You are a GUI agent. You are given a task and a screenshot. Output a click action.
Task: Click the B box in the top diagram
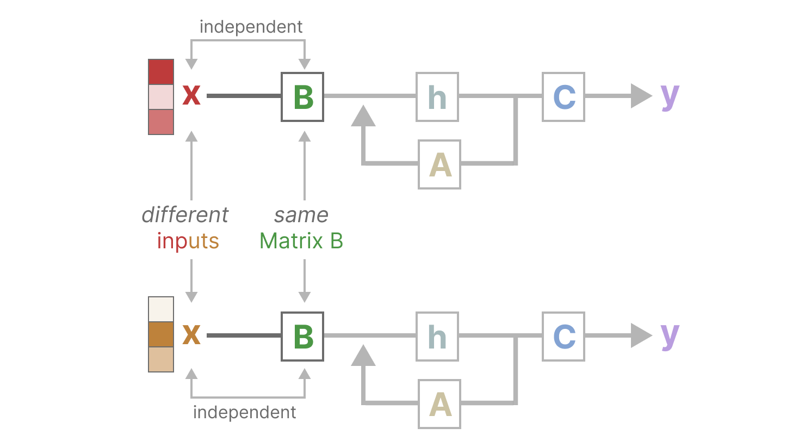coord(302,97)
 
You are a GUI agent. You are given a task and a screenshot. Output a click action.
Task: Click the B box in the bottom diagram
coord(302,337)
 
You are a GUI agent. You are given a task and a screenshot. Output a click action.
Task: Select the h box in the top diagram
coord(437,97)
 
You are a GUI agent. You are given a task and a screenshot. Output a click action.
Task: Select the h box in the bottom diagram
coord(437,337)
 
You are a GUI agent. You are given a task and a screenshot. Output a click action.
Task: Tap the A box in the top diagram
coord(439,164)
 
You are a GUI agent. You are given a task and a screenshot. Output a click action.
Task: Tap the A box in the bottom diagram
coord(439,404)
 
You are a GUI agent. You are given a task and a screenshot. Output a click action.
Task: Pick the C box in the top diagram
coord(563,97)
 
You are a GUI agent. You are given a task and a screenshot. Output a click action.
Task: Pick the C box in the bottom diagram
coord(563,337)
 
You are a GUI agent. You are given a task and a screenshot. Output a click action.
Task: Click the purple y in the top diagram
coord(670,97)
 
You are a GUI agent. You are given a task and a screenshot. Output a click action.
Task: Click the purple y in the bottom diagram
coord(670,337)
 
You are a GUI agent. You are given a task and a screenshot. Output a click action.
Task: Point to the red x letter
coord(191,96)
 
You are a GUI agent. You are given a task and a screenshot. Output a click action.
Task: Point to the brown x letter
coord(191,335)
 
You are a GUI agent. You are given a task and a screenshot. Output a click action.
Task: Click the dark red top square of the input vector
coord(161,72)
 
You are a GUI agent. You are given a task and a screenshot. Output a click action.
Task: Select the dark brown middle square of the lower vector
coord(161,334)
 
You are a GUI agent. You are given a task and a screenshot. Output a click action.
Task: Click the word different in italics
coord(185,215)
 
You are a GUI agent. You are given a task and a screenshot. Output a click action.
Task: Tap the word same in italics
coord(301,215)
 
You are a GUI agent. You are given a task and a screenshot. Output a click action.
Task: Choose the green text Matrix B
coord(301,241)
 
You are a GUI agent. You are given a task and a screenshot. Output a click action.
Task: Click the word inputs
coord(188,241)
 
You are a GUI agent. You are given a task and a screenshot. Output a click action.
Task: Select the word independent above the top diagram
coord(251,26)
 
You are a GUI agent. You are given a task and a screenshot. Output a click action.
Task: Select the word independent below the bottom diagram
coord(245,412)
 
